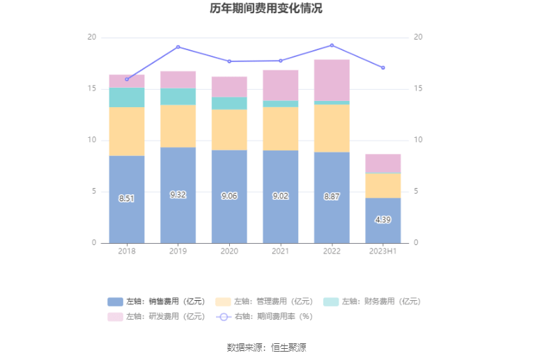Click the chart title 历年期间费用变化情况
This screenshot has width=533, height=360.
coord(266,9)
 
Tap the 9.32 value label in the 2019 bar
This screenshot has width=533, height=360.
coord(178,195)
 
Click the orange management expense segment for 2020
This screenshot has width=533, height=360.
coord(229,130)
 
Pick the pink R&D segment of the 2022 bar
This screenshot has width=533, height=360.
coord(332,80)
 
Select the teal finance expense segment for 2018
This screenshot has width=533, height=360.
coord(127,97)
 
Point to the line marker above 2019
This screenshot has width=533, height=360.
coord(178,47)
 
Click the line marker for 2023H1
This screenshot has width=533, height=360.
coord(383,68)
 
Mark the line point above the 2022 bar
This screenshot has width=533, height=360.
coord(332,45)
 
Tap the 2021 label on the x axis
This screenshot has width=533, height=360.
coord(280,251)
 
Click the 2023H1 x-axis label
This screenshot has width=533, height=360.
coord(383,251)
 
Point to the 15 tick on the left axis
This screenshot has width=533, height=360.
coord(91,88)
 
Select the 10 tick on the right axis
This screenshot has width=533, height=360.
coord(418,140)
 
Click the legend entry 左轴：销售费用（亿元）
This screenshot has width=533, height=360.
coord(157,302)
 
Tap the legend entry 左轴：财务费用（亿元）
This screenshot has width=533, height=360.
coord(373,302)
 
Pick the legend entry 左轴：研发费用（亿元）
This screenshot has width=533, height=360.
coord(157,317)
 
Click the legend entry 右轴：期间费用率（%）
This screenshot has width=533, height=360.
coord(265,317)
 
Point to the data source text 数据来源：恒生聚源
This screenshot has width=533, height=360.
coord(266,347)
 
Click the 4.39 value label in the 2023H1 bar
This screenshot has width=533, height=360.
coord(383,219)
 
